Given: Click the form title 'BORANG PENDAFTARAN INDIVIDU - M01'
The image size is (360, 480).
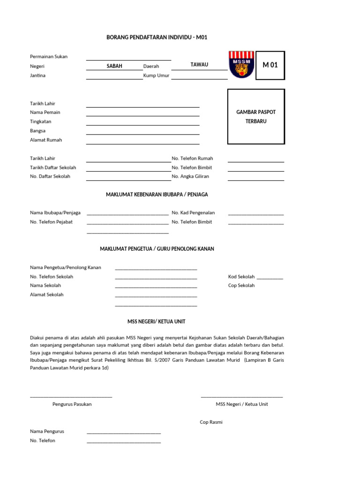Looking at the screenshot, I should [157, 37].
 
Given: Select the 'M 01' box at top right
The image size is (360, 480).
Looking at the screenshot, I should [270, 65].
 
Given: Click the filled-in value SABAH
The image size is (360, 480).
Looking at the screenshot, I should [114, 66].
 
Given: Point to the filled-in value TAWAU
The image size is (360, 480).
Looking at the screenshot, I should [199, 65].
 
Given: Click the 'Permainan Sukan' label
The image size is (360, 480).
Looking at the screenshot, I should [49, 57].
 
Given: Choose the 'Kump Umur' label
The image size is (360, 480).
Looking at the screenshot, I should [156, 75].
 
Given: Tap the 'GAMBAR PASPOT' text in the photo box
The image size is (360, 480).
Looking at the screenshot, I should [256, 112].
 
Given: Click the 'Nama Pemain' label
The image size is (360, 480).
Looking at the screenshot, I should [45, 112].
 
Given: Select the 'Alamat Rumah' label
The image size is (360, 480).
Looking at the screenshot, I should [46, 140].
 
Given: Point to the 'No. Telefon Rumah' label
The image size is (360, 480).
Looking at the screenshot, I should [192, 158].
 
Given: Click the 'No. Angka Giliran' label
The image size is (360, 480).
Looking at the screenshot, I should [190, 177].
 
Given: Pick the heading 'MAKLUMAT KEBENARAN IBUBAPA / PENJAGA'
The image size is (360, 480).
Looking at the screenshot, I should [157, 194].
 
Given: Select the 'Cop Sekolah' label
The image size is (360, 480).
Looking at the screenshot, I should [241, 285].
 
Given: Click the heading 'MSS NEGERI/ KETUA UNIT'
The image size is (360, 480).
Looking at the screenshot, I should [157, 322].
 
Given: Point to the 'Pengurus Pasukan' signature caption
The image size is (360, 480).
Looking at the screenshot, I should [72, 404].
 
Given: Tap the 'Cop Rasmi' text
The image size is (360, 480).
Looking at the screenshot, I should [211, 422].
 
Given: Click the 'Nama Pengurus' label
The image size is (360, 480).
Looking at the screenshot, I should [47, 431].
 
